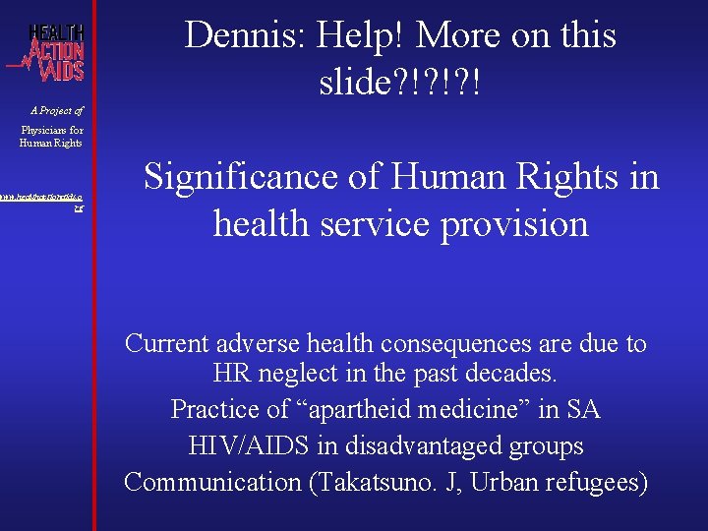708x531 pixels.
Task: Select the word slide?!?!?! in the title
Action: pyautogui.click(x=400, y=83)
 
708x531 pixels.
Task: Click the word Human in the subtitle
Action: pyautogui.click(x=447, y=177)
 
